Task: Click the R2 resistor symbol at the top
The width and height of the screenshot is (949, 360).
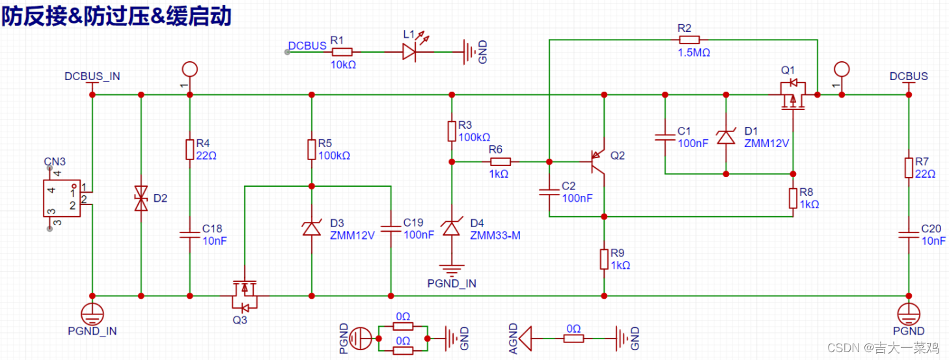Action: [689, 40]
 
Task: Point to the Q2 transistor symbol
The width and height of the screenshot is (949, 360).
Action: [598, 162]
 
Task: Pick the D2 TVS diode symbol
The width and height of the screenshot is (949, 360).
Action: [141, 198]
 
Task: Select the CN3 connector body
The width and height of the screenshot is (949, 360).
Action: [62, 198]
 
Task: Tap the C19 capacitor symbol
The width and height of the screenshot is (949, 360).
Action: [391, 229]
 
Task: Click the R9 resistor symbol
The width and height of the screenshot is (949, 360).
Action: [604, 259]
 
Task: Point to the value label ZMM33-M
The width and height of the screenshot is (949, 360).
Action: [495, 236]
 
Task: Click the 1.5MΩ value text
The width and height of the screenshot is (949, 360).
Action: [694, 53]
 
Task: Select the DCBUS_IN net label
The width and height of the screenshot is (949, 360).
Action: [92, 76]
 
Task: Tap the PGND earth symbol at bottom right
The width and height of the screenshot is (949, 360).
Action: [909, 314]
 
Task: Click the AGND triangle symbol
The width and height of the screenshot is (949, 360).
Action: [525, 339]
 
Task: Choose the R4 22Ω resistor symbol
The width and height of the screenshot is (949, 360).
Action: [190, 150]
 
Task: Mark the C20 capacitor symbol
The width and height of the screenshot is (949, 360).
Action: [909, 235]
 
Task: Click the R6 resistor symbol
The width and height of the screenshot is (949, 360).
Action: [501, 162]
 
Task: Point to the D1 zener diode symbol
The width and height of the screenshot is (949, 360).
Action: [726, 137]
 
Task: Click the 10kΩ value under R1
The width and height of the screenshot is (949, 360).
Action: [343, 65]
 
